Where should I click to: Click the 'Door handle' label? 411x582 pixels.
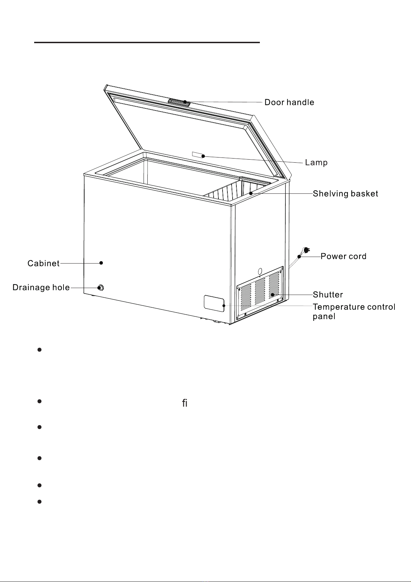click(x=289, y=102)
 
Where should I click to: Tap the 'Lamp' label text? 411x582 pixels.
click(x=316, y=163)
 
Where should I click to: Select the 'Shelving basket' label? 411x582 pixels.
click(x=345, y=193)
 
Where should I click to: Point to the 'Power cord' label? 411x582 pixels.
click(x=343, y=256)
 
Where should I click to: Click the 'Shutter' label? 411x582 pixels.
click(x=327, y=295)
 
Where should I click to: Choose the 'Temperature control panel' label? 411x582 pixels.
click(x=354, y=312)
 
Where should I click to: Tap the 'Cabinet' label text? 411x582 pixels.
click(x=43, y=264)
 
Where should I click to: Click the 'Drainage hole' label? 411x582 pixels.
click(x=41, y=287)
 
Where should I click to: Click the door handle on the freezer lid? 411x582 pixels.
click(x=179, y=102)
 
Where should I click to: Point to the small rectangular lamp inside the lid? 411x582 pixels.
click(x=198, y=155)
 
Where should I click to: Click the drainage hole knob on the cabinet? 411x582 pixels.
click(x=100, y=288)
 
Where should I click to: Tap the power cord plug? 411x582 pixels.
click(x=306, y=250)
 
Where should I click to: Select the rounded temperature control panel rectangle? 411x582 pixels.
click(x=214, y=304)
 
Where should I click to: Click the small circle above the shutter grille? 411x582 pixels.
click(x=260, y=271)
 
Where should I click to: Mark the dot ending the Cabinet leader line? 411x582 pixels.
click(x=101, y=263)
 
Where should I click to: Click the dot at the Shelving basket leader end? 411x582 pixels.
click(x=251, y=193)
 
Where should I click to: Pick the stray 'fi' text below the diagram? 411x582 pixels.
click(x=185, y=403)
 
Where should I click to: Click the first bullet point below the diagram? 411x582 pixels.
click(x=39, y=350)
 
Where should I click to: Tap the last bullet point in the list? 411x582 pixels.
click(x=39, y=502)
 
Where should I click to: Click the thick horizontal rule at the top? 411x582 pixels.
click(x=147, y=42)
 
